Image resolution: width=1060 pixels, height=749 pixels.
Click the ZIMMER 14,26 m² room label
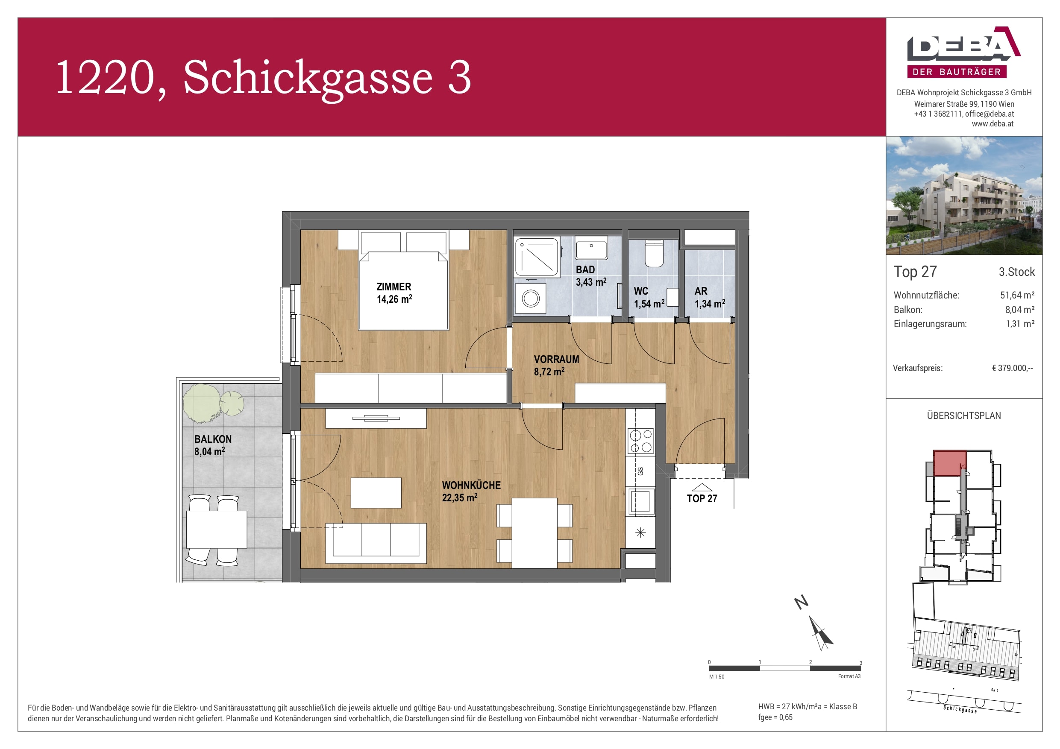394,293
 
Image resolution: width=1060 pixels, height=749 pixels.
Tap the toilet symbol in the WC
654,253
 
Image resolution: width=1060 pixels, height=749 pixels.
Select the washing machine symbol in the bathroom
531,298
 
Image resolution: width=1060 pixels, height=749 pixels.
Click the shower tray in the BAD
537,257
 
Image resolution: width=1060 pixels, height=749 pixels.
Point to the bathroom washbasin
591,250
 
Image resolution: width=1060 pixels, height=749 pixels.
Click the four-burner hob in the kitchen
641,440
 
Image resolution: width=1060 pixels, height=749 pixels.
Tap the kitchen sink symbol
640,501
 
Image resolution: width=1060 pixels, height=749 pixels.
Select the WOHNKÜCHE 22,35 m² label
471,491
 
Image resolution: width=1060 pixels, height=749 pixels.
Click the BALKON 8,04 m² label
212,445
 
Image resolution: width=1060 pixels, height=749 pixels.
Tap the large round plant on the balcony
201,403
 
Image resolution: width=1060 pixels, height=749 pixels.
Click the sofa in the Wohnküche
376,542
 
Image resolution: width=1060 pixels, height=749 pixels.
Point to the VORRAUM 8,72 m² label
556,365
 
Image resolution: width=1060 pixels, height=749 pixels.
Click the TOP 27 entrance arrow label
702,498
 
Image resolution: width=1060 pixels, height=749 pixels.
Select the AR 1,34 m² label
709,297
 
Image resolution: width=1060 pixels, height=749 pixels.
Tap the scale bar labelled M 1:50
784,668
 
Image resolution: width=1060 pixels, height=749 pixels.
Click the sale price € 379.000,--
1012,368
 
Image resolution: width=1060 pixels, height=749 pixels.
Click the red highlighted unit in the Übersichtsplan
949,463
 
